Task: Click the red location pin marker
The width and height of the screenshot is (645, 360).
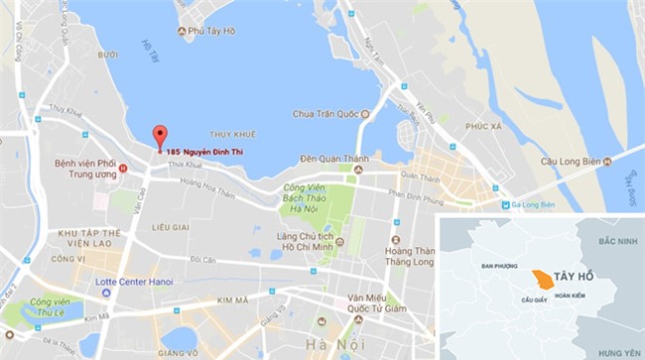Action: tap(159, 138)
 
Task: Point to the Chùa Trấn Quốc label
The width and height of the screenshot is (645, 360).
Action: tap(330, 114)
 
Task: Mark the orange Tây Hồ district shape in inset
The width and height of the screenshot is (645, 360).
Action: tap(541, 280)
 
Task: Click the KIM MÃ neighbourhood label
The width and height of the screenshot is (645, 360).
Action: tap(234, 298)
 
